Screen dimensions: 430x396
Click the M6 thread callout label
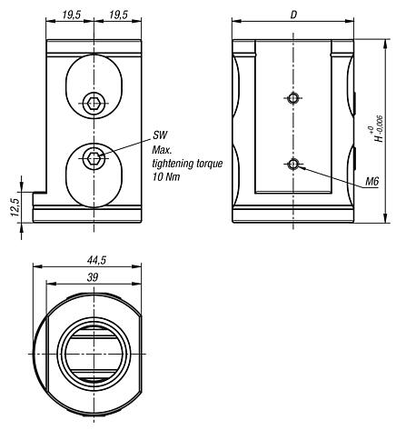[x=371, y=182]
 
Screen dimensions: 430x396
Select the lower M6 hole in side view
[x=291, y=164]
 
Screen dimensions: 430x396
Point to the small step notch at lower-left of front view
[x=40, y=194]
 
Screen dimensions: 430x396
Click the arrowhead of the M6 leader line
[x=299, y=166]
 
